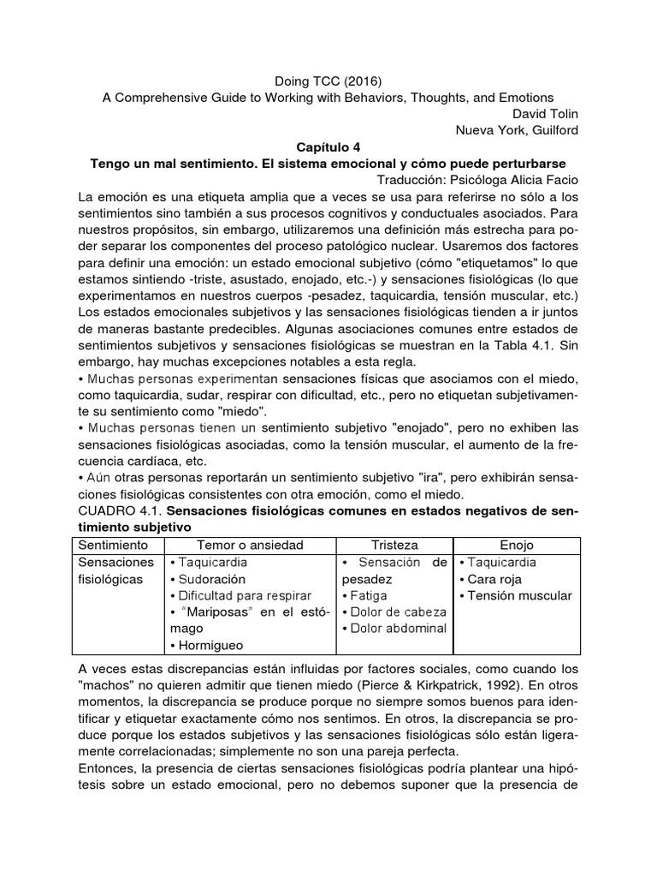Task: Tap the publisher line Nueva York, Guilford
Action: coord(520,130)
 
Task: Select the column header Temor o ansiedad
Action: coord(250,545)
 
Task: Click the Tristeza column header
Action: coord(394,545)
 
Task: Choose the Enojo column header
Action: coord(517,545)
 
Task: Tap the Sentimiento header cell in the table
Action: coord(113,545)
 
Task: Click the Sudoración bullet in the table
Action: coord(210,579)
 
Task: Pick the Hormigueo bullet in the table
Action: coord(210,647)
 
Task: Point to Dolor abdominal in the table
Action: coord(394,629)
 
